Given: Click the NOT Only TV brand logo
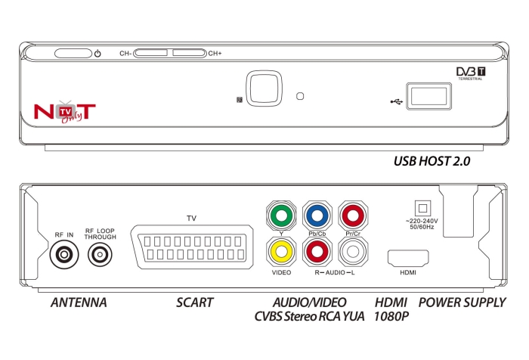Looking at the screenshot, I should click(x=65, y=111).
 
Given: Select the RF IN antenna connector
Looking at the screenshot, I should click(x=63, y=256).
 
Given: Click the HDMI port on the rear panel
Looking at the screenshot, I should click(x=408, y=257).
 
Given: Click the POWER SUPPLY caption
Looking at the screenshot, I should click(x=462, y=303).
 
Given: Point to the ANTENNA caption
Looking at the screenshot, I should click(x=78, y=303).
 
